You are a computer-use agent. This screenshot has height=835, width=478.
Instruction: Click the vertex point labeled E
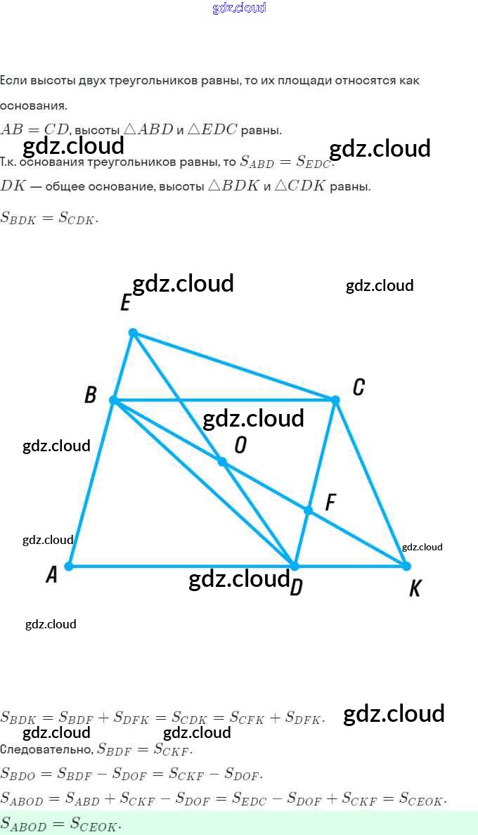coord(133,332)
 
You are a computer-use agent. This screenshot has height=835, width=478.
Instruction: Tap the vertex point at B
coord(113,400)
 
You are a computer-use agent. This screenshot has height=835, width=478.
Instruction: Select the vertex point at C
coord(335,400)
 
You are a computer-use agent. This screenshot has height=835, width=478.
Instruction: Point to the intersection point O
coord(222,462)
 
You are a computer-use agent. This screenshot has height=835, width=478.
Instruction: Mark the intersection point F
coord(308,510)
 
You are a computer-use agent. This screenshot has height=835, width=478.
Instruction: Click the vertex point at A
coord(69,566)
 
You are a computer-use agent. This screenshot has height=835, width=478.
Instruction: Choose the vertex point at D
coord(295,566)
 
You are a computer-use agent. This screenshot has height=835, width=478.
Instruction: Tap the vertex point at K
coord(406,566)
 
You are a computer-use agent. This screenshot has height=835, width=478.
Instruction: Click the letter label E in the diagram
coord(125,303)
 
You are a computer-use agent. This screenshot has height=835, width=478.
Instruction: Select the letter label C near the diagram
coord(358,387)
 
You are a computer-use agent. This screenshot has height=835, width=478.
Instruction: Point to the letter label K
coord(415,589)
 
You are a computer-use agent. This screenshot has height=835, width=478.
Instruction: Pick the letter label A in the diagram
coord(51,575)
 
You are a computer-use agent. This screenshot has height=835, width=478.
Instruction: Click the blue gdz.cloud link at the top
coord(239,8)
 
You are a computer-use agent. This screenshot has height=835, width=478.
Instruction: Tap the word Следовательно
coord(46,749)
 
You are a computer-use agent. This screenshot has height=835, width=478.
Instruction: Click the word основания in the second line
coord(33,106)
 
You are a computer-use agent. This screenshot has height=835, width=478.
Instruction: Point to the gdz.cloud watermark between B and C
coord(253,419)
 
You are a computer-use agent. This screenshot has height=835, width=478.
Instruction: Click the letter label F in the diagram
coord(330,503)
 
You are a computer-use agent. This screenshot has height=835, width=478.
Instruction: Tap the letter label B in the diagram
coord(90,395)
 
